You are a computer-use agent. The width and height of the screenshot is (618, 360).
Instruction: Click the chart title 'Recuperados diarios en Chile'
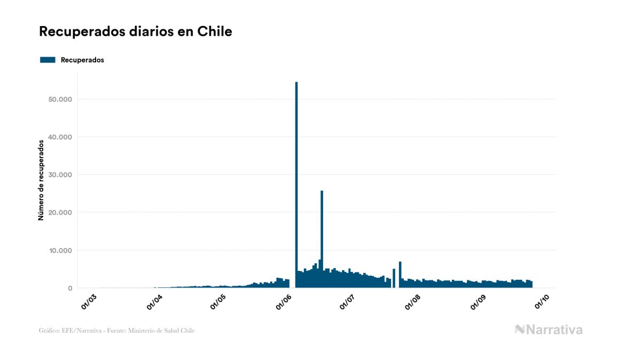tap(136, 32)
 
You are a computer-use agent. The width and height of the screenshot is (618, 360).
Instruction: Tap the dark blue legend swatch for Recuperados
tap(48, 60)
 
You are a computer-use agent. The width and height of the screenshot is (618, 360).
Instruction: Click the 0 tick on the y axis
tap(70, 288)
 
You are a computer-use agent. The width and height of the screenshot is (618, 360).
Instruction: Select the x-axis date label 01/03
tap(89, 301)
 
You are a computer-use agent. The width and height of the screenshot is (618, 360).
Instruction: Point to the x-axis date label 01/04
tap(154, 301)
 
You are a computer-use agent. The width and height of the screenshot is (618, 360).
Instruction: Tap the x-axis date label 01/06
tap(284, 301)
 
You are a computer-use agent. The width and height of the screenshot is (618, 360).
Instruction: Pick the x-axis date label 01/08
tap(413, 301)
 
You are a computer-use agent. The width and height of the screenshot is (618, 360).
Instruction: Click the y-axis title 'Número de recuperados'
tap(41, 180)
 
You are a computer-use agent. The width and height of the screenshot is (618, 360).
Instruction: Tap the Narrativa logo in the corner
tap(549, 330)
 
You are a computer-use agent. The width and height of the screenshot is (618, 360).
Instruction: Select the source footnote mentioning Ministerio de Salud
tap(117, 331)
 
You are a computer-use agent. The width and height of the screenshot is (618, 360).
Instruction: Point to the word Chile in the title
tap(215, 32)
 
